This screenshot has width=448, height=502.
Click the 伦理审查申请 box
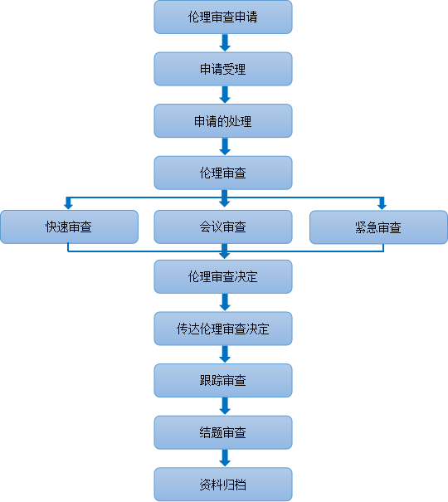[223, 17]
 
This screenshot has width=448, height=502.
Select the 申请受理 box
[223, 69]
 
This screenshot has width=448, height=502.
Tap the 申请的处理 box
[223, 120]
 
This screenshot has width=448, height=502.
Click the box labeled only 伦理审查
[223, 173]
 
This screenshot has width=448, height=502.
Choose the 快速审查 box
[69, 227]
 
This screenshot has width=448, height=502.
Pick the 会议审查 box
[223, 227]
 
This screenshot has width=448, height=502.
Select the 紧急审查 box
[378, 227]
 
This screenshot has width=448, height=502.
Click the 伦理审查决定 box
[223, 276]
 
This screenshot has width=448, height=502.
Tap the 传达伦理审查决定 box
[223, 329]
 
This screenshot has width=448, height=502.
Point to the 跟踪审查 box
[223, 380]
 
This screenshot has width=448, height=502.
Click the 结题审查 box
[223, 432]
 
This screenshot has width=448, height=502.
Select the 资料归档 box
[223, 485]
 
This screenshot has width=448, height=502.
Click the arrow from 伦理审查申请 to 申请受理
[225, 42]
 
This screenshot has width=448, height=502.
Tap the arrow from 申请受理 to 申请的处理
[225, 95]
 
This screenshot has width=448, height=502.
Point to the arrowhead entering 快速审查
[68, 206]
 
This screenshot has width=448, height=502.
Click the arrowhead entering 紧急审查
[382, 206]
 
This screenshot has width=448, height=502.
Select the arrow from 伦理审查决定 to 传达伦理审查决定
[225, 302]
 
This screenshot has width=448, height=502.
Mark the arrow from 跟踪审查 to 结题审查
[225, 406]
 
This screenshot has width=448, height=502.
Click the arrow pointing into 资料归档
[225, 458]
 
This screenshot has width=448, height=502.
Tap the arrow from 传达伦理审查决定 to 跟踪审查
[225, 354]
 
